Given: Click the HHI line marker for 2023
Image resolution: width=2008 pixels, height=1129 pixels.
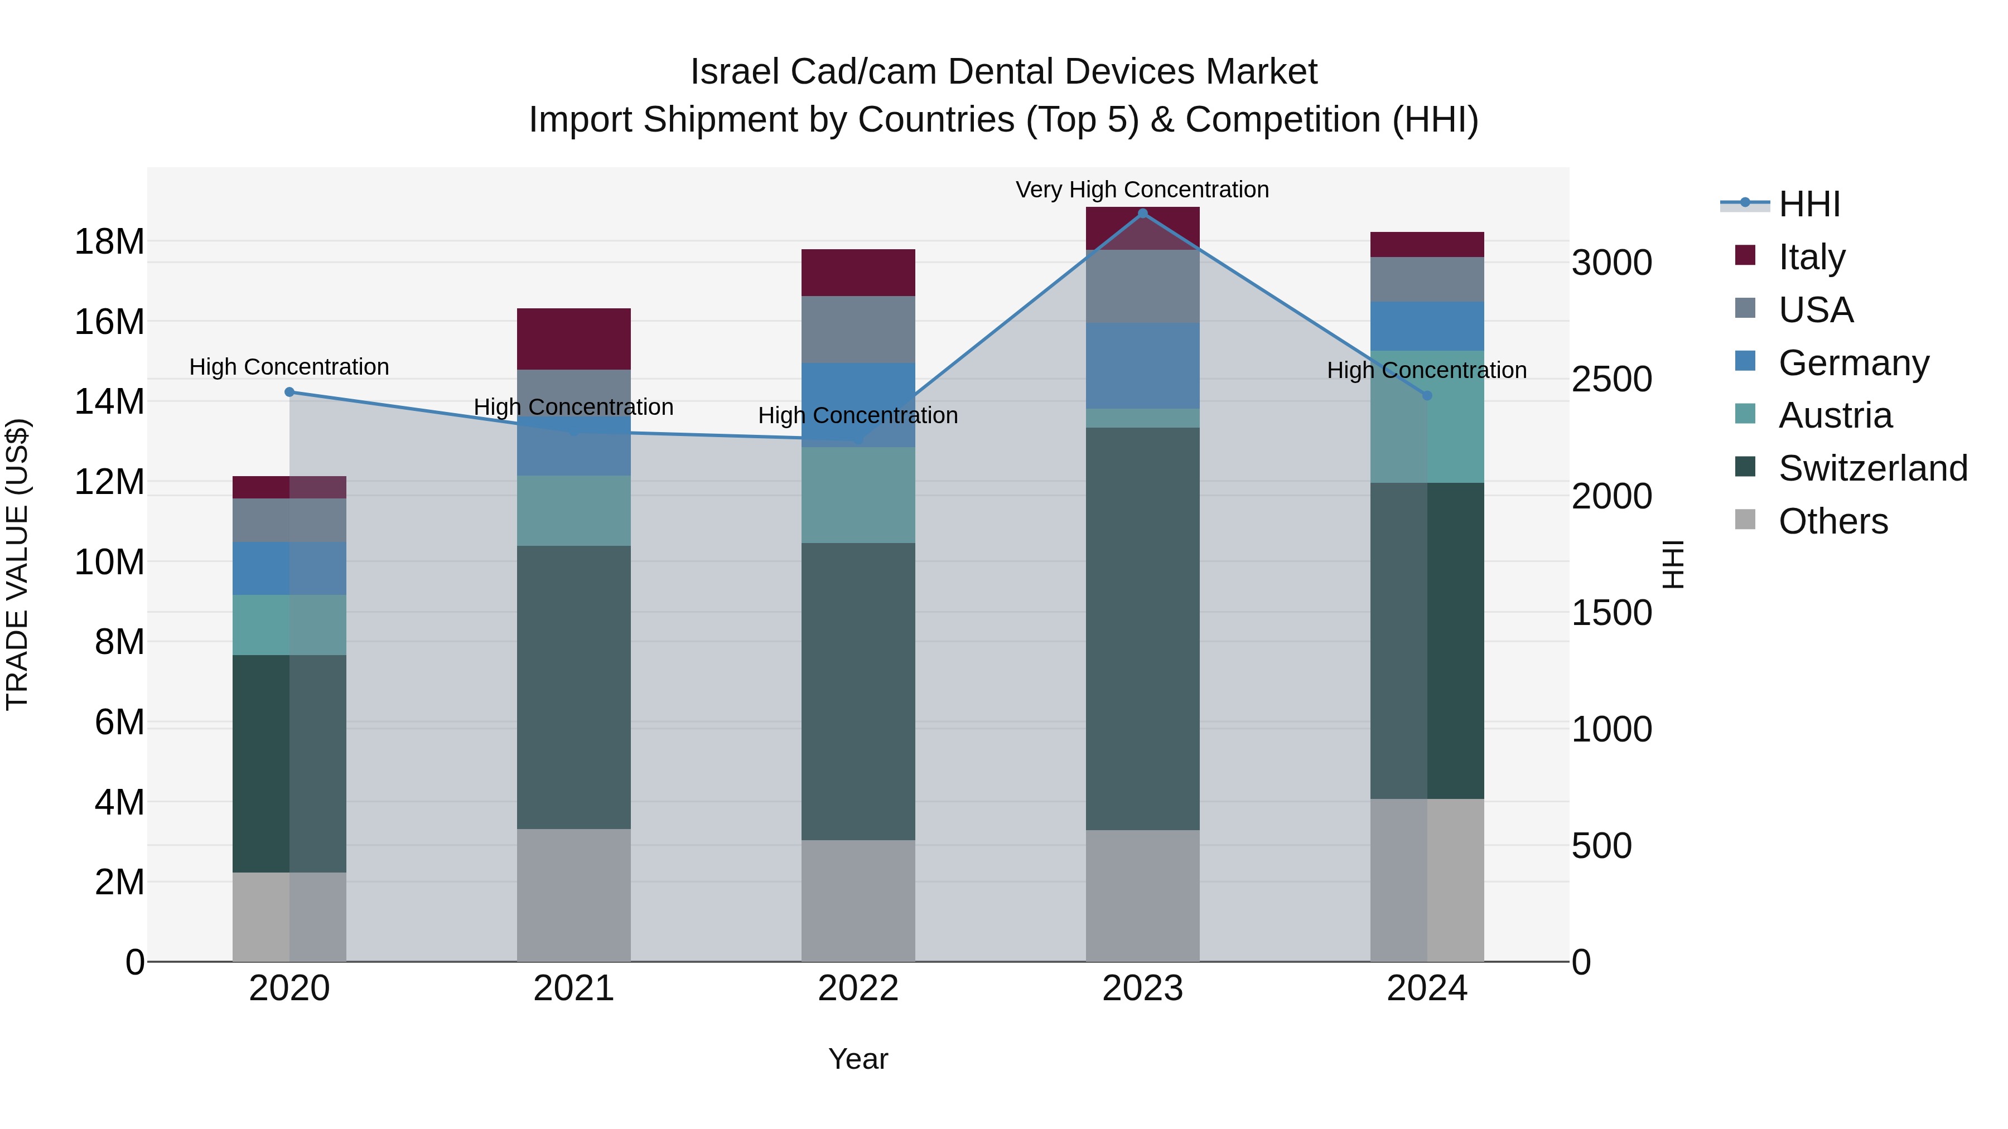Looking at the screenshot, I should (1143, 214).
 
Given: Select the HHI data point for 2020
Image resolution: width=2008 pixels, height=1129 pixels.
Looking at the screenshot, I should (289, 392).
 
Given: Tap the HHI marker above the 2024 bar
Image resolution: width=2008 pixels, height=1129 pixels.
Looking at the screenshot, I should (1427, 396).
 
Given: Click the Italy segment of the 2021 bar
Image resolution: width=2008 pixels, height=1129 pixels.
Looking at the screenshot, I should (574, 339).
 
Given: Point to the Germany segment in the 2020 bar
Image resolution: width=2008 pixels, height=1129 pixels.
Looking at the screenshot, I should (289, 568).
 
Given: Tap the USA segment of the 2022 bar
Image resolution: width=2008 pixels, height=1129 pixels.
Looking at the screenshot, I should (858, 329).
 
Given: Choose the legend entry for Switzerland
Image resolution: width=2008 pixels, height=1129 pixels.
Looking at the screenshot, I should (1872, 468).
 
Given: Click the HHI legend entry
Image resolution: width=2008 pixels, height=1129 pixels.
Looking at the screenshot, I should (1808, 204).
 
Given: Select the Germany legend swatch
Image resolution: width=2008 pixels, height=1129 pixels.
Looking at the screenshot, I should (1745, 361).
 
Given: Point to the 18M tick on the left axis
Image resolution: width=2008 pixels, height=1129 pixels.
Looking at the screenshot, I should (109, 241).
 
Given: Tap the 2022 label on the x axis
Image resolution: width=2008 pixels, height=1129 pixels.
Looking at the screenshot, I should (858, 989).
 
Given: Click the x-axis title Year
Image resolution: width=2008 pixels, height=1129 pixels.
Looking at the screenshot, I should (858, 1059).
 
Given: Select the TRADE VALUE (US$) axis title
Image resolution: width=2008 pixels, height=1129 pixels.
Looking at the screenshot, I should (18, 564).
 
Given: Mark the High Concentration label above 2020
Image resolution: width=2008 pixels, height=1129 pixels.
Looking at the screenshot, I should (289, 367).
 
